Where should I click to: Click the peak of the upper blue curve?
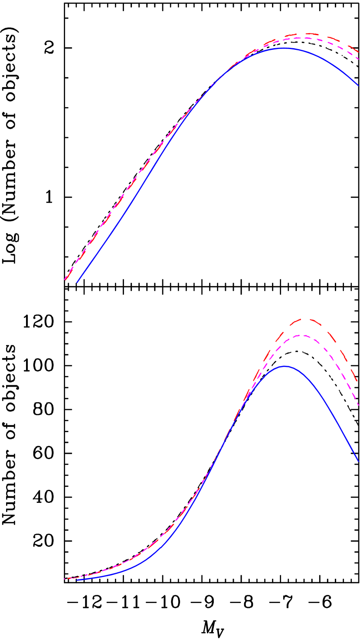[x=284, y=48]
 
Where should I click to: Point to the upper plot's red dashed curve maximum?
[x=307, y=33]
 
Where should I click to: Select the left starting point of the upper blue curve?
[x=77, y=282]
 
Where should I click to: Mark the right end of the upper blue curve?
[x=359, y=86]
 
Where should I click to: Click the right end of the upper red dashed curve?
[x=359, y=52]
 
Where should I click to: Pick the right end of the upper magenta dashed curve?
[x=359, y=59]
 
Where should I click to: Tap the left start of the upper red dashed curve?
[x=65, y=280]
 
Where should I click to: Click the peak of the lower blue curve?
[x=285, y=366]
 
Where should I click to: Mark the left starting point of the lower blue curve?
[x=77, y=580]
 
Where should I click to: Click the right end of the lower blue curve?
[x=359, y=462]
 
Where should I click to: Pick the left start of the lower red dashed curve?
[x=65, y=579]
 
